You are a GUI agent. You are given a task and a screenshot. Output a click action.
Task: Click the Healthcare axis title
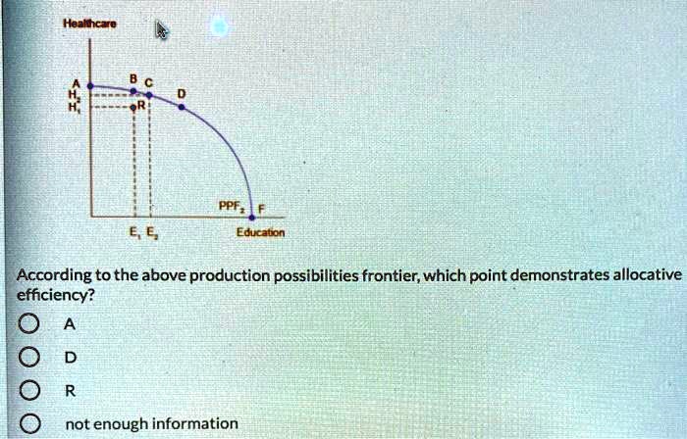pos(89,24)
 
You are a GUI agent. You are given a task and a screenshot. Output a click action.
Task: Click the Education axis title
pos(260,232)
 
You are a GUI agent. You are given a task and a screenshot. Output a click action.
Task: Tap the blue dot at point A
pos(90,86)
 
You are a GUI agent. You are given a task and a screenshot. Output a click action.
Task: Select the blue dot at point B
pos(134,91)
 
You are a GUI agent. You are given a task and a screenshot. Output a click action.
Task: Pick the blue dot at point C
pos(149,95)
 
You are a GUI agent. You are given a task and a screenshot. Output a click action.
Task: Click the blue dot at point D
pos(182,107)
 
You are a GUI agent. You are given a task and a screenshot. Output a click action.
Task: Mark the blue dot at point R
pos(133,107)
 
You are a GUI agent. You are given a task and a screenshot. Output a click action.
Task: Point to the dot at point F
pos(252,218)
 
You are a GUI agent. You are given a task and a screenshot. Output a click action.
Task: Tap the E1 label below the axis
pos(133,232)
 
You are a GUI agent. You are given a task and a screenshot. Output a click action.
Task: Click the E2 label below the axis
pos(150,232)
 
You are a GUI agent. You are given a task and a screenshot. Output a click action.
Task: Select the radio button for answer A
pos(28,324)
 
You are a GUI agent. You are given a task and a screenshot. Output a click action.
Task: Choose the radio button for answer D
pos(28,358)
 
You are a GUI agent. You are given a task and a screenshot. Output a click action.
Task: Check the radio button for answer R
pos(28,390)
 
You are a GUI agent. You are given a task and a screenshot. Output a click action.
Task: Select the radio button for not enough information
pos(29,423)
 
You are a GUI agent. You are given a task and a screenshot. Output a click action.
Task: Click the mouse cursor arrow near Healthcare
pos(162,30)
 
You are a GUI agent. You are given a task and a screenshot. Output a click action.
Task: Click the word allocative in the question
pos(648,275)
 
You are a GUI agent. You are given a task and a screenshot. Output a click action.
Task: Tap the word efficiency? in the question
pos(56,296)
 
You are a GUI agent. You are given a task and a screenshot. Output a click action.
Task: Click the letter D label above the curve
pos(182,93)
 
